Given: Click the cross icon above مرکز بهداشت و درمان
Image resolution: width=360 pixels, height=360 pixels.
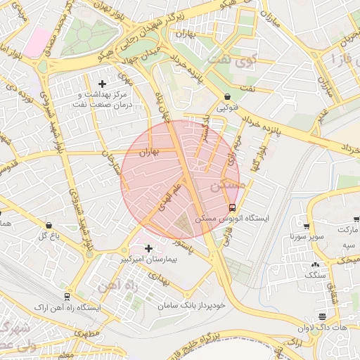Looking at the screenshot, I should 103,84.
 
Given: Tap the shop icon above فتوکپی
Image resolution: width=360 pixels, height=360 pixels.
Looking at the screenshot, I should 226,97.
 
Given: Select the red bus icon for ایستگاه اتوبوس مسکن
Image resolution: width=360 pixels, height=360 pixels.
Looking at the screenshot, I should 233,207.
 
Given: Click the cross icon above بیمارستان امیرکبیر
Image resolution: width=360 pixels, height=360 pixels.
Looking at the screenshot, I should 148,247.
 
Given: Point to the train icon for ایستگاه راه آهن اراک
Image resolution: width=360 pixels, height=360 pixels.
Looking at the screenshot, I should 67,296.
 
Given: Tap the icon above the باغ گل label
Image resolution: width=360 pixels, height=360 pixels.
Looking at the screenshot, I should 49,225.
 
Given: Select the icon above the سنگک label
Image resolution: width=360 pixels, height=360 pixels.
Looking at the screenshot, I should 314,265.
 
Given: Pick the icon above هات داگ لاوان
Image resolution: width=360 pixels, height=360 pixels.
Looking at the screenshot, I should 322,316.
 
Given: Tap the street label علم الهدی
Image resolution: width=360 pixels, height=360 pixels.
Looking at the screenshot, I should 168,193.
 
